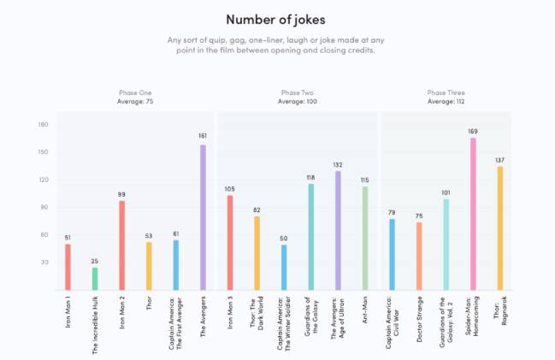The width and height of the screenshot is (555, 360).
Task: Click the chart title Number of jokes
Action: pyautogui.click(x=277, y=18)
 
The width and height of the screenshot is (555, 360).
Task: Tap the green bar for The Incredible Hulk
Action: pyautogui.click(x=95, y=279)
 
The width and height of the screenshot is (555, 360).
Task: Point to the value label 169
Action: pyautogui.click(x=473, y=131)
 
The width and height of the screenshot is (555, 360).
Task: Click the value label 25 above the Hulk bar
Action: pyautogui.click(x=95, y=261)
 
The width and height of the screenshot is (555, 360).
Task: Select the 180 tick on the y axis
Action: pyautogui.click(x=43, y=125)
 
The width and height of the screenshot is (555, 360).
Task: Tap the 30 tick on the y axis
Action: pyautogui.click(x=44, y=263)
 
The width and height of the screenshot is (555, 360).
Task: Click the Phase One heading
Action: pyautogui.click(x=137, y=92)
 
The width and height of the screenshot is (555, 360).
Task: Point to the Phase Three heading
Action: pyautogui.click(x=446, y=92)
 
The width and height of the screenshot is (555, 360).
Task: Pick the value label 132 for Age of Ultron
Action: pyautogui.click(x=338, y=164)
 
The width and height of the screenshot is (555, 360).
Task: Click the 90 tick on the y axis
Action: pyautogui.click(x=44, y=208)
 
